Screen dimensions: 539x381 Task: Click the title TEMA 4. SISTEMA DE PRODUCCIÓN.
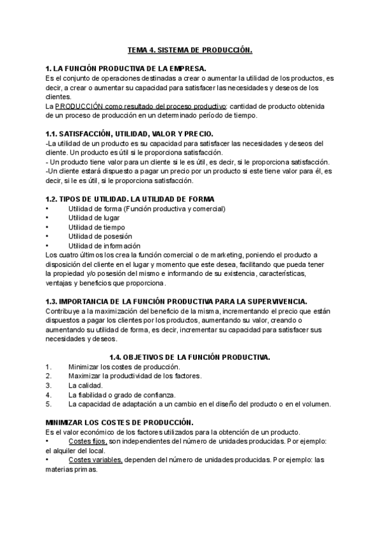[x=190, y=50]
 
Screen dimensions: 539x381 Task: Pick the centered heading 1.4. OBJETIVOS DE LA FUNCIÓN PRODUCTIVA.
[x=190, y=357]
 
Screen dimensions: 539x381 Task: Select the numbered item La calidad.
[x=86, y=385]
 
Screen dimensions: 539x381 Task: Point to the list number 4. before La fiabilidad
[x=49, y=395]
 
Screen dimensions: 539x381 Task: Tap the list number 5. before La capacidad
[x=49, y=404]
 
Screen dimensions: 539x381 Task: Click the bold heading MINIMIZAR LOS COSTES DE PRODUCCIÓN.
[x=119, y=422]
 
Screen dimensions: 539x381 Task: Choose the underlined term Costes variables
[x=95, y=460]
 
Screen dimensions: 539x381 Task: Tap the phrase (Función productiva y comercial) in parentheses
[x=175, y=208]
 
